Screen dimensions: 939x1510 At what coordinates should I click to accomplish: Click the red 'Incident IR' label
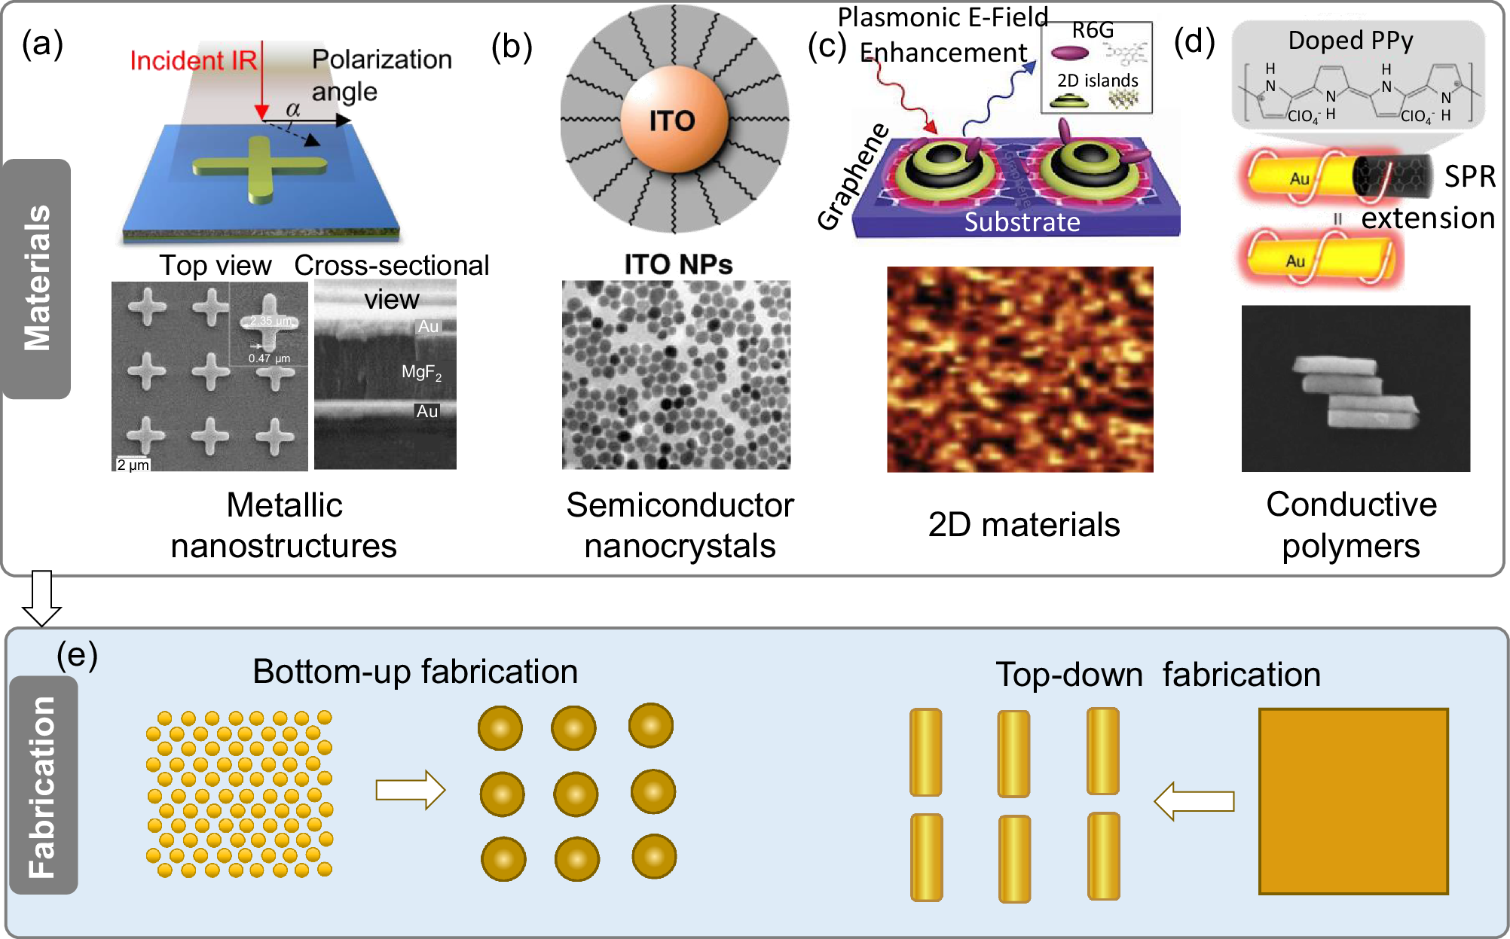tap(193, 60)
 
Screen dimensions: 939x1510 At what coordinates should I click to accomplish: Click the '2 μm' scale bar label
tap(133, 465)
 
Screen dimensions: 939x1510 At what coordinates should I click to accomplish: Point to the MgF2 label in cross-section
tap(421, 372)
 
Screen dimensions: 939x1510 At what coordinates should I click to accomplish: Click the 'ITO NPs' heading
tap(677, 264)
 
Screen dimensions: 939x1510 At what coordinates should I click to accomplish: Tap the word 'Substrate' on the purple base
tap(1022, 222)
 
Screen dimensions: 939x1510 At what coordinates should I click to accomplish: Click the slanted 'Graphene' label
tap(853, 178)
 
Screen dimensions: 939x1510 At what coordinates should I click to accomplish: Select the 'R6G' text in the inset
tap(1092, 30)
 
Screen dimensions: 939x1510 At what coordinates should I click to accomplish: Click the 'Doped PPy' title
tap(1350, 40)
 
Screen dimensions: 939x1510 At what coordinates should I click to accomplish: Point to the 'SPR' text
tap(1469, 176)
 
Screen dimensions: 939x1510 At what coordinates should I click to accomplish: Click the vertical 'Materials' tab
tap(37, 278)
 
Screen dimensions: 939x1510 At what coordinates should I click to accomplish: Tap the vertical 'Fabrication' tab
tap(42, 786)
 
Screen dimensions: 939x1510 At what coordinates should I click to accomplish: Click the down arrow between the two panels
tap(41, 598)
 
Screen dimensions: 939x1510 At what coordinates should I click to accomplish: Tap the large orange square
tap(1353, 801)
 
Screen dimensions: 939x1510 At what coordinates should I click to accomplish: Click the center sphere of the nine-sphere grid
tap(576, 794)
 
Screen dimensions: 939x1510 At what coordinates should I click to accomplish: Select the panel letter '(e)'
tap(77, 655)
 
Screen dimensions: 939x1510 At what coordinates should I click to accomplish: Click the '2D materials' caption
tap(1023, 525)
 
